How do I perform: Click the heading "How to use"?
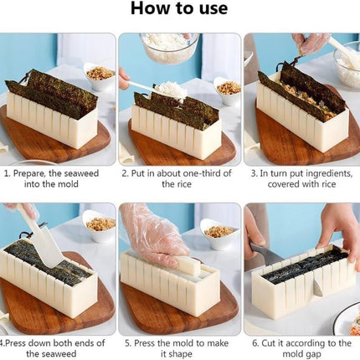coord(179,10)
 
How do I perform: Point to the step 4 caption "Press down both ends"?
coord(57,347)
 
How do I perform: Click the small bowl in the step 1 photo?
coord(100,75)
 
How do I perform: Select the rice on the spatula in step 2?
coord(170,89)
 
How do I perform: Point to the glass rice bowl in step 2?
coord(168,47)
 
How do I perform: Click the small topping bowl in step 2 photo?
coord(227,88)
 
